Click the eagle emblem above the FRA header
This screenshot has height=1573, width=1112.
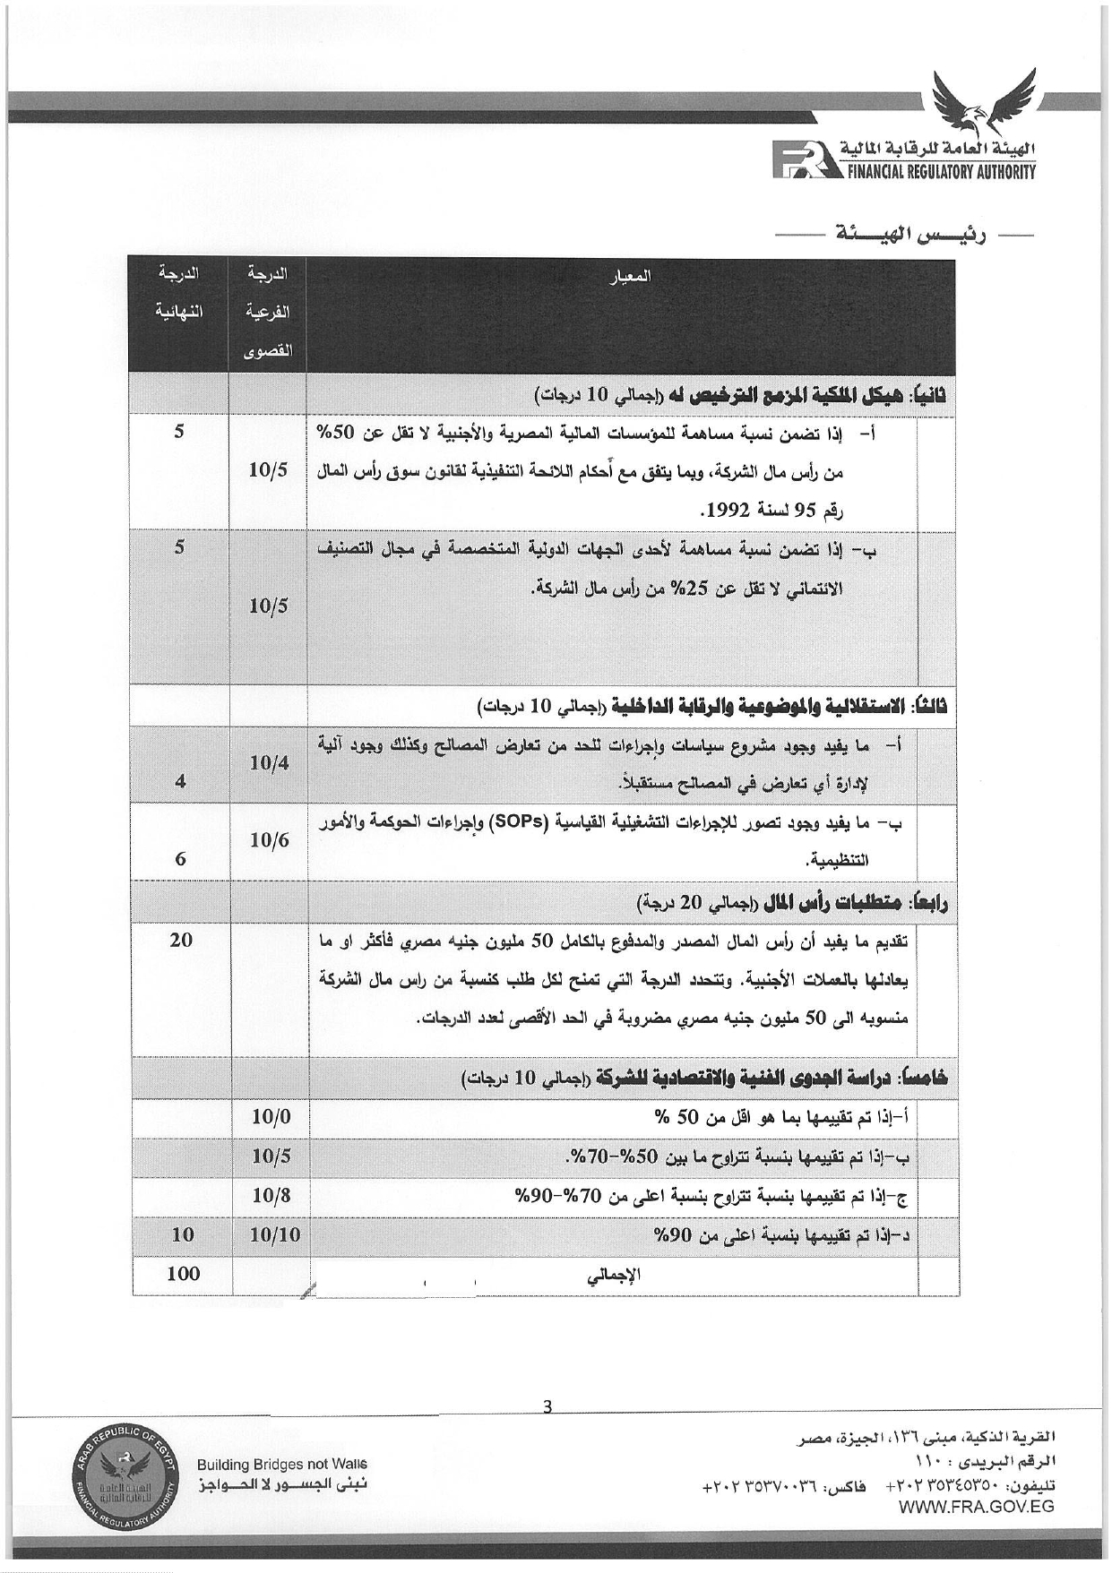coord(981,100)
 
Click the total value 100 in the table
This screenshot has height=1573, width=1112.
coord(183,1274)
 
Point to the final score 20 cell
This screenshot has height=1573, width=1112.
coord(181,940)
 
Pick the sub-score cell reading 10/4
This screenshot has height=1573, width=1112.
coord(270,762)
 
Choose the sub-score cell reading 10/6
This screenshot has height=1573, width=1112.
coord(270,840)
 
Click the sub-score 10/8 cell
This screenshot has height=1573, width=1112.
coord(271,1195)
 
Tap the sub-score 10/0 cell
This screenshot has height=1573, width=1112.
coord(271,1117)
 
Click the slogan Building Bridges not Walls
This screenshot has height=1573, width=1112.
coord(282,1464)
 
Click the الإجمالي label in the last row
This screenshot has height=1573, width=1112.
coord(615,1276)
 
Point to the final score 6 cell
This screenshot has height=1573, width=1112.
coord(181,859)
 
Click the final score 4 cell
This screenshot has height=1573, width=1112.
coord(181,781)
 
